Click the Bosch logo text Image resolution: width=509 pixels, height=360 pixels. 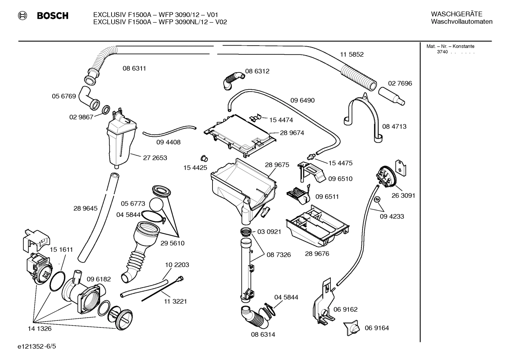click(52, 16)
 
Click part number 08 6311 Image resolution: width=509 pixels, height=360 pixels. click(134, 68)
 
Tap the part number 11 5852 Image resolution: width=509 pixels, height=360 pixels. click(352, 54)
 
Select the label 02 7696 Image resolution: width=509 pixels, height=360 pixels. click(400, 83)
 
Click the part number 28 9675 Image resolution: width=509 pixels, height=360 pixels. click(277, 165)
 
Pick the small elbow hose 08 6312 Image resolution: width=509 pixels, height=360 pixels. click(233, 80)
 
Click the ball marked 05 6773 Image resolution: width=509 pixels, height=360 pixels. click(156, 205)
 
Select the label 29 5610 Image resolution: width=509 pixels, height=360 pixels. click(172, 243)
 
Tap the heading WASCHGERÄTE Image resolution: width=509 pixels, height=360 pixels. click(456, 14)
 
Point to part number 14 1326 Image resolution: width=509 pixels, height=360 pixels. click(40, 329)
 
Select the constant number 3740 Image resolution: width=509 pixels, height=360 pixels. click(442, 52)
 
